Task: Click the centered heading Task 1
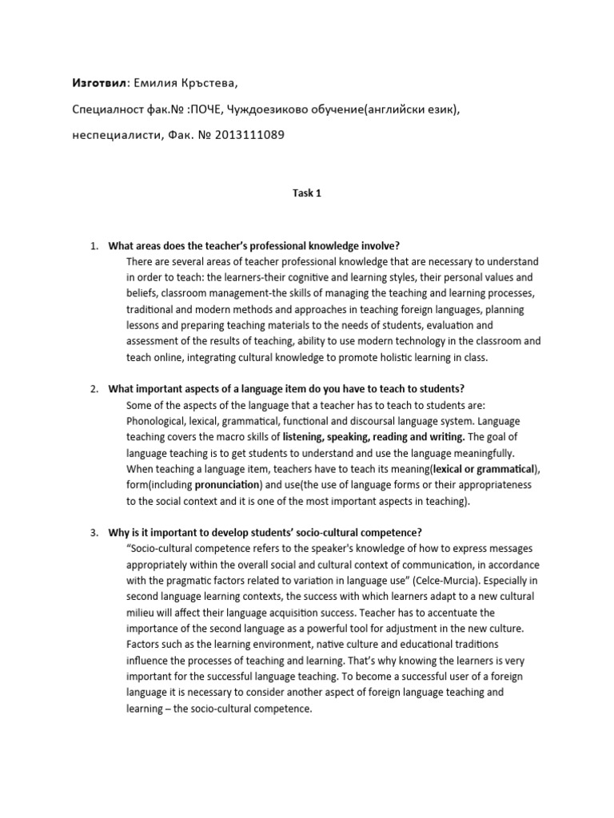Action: [306, 193]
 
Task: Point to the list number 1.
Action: [93, 245]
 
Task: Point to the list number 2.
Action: [93, 389]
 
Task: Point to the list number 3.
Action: [93, 533]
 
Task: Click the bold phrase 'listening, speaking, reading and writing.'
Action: [373, 437]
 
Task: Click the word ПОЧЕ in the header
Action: [204, 109]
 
